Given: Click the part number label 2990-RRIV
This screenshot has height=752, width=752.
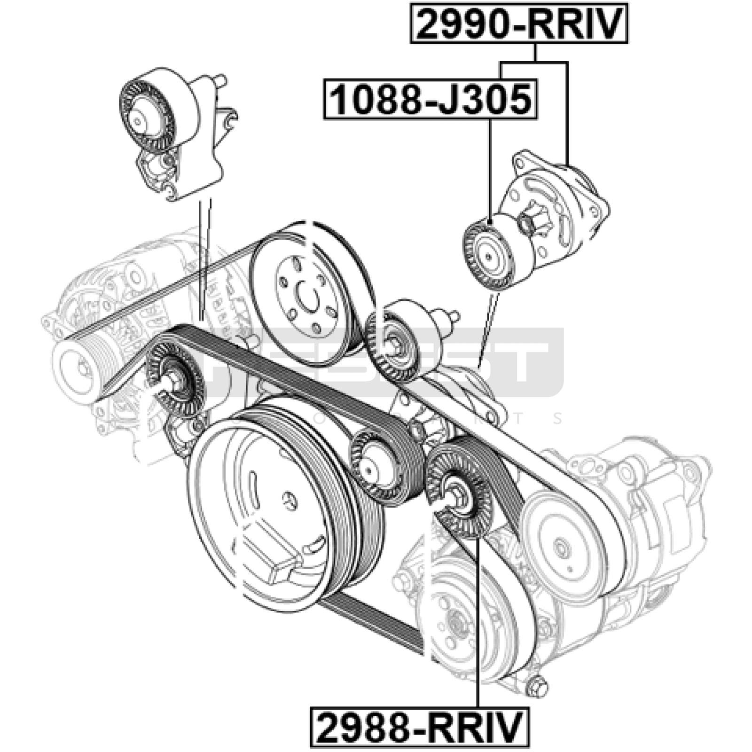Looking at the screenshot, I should [519, 23].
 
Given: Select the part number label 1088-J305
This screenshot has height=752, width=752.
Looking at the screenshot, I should [430, 99].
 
